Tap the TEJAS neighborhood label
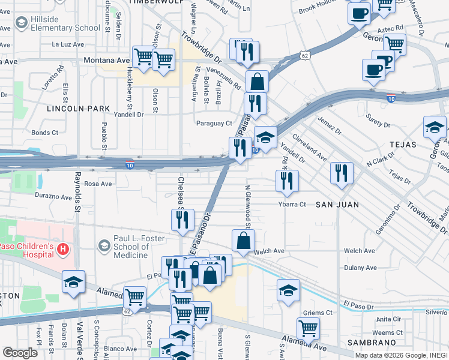[x=403, y=145]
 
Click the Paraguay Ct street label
[x=214, y=124]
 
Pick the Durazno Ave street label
[x=53, y=196]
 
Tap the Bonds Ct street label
[x=45, y=133]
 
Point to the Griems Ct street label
[x=318, y=313]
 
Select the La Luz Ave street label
[x=67, y=44]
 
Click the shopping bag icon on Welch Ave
[x=244, y=241]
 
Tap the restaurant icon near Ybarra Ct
[x=287, y=182]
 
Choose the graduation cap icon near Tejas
[x=435, y=128]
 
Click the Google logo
[x=20, y=353]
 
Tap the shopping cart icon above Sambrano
[x=308, y=328]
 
